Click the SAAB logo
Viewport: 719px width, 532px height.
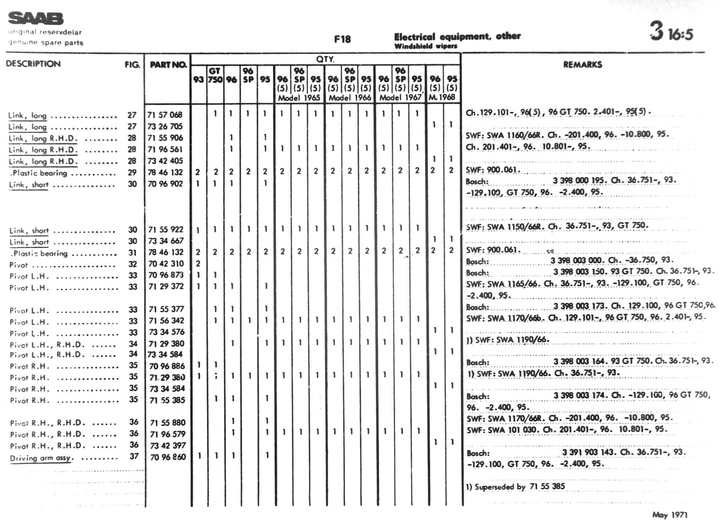[36, 18]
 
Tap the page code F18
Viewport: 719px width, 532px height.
[342, 39]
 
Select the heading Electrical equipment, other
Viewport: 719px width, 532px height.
[457, 37]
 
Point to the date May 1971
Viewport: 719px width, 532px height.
[669, 515]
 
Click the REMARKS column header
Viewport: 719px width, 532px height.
[582, 65]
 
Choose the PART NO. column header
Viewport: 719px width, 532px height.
[168, 65]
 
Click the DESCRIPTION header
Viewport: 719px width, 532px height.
[33, 64]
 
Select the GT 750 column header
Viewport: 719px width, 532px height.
[215, 75]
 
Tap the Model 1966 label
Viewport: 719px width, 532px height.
[349, 97]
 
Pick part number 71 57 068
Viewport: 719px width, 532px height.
[165, 115]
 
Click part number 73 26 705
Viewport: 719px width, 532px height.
[165, 126]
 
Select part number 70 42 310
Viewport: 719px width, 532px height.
[166, 264]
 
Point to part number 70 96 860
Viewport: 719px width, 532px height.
[168, 457]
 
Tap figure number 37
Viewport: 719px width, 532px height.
[134, 457]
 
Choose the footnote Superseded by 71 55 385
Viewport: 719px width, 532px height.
[515, 487]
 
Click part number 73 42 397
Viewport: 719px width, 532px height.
[168, 446]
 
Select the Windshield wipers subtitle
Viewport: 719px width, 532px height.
[426, 46]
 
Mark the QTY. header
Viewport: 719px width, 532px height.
[325, 59]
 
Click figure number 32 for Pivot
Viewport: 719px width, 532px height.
[132, 264]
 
